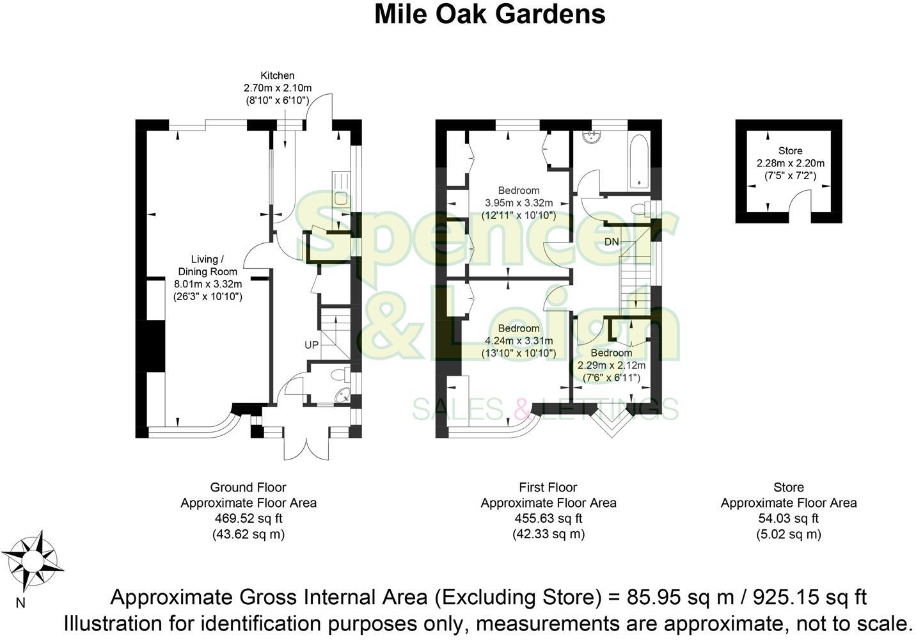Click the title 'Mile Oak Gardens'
point(489,14)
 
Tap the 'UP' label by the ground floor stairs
point(312,345)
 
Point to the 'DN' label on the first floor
point(612,242)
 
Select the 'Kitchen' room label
point(277,76)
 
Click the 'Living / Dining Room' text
point(207,266)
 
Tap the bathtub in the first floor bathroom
point(638,162)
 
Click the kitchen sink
point(340,198)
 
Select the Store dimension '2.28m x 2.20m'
point(790,163)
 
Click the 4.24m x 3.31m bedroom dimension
point(518,340)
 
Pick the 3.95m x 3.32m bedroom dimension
point(518,203)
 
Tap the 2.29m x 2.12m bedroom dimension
point(611,365)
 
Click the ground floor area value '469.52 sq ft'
point(248,518)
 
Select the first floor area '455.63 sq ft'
point(548,518)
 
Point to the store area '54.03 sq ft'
point(788,518)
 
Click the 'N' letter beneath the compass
point(20,602)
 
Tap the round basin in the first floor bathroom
point(592,137)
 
